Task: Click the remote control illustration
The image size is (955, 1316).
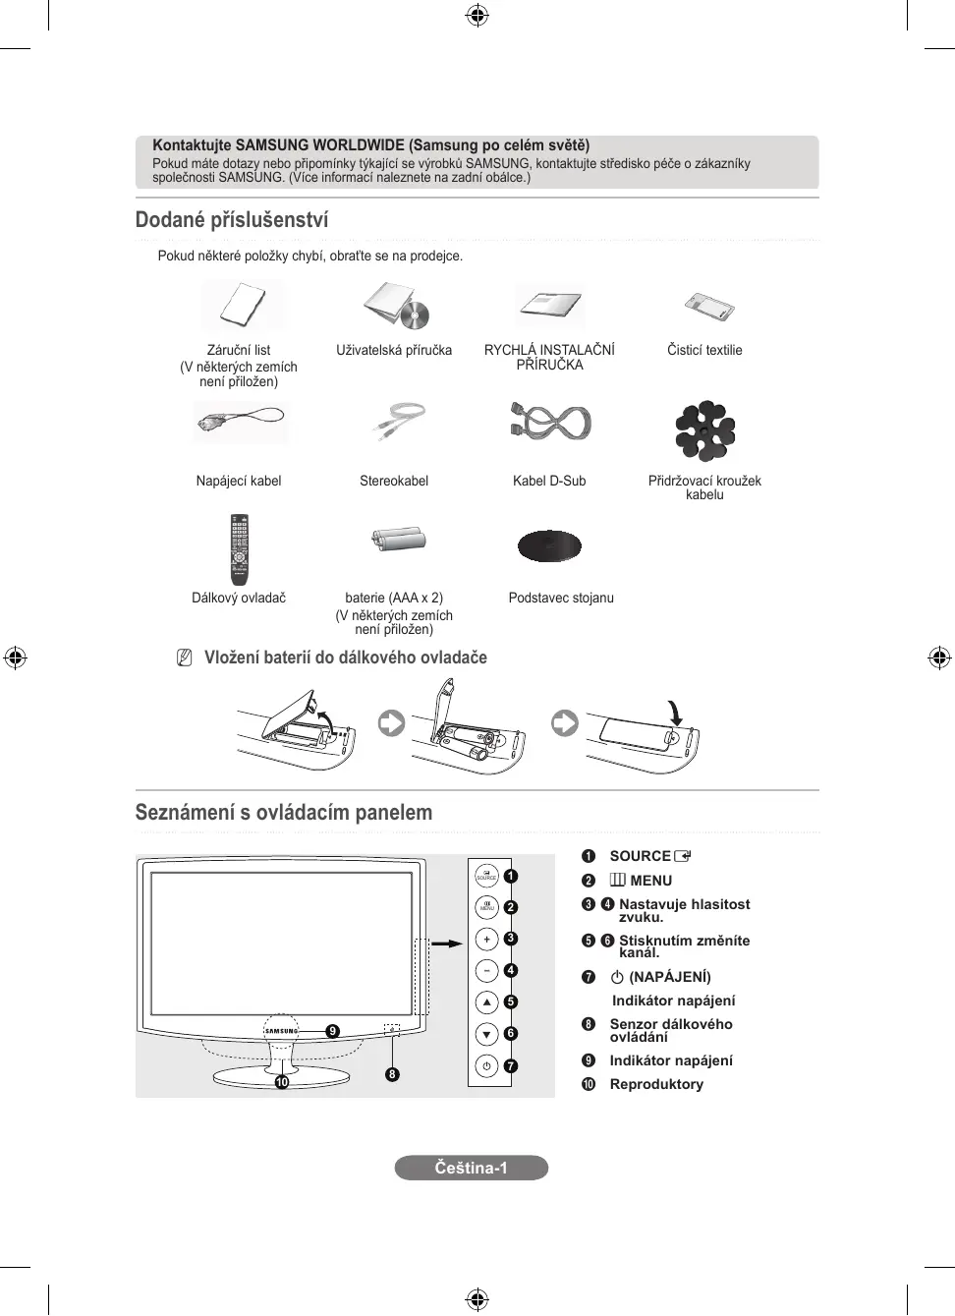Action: [x=239, y=548]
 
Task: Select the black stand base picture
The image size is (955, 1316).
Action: [x=549, y=545]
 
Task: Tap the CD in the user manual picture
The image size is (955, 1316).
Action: [x=416, y=315]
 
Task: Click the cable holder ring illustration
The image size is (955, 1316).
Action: [x=704, y=430]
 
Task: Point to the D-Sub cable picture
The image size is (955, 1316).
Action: [x=550, y=423]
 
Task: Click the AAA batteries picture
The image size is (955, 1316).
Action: [x=398, y=539]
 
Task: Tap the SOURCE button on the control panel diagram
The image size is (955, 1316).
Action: [x=486, y=875]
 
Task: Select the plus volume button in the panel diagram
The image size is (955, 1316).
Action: [x=486, y=940]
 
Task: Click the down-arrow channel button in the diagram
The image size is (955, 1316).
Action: [x=486, y=1034]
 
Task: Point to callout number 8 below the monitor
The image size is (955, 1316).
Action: [x=392, y=1074]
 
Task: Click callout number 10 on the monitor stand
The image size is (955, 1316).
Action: [x=282, y=1082]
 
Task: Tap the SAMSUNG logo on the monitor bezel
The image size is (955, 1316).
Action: [x=281, y=1031]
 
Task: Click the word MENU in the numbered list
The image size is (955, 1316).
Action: [x=650, y=881]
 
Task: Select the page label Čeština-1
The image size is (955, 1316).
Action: [x=472, y=1168]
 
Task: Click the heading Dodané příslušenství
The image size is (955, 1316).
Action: [x=232, y=220]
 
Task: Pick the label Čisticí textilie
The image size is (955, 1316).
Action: [x=704, y=350]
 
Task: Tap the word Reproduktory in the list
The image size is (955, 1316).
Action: [x=656, y=1084]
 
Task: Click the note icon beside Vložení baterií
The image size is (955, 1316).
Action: [x=184, y=658]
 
